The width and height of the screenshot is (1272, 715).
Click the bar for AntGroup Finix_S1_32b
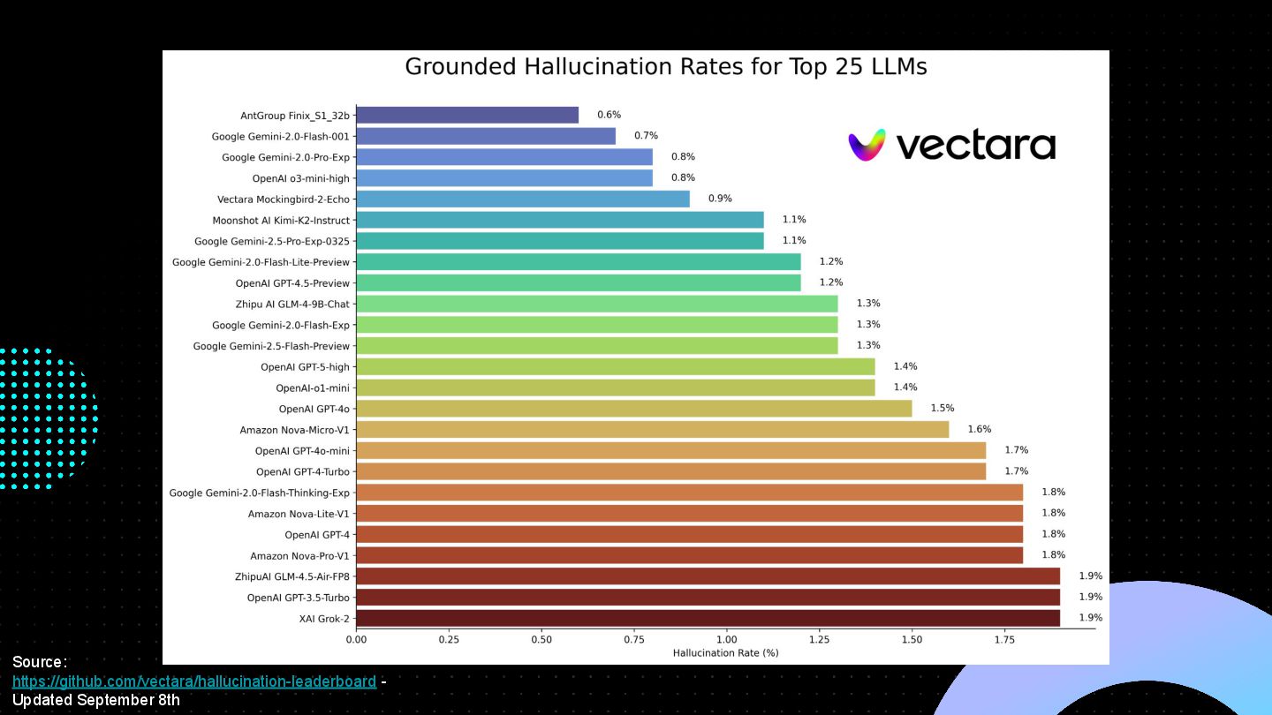(467, 115)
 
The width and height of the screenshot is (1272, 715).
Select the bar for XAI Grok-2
(708, 618)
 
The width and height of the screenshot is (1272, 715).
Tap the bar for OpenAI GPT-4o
(633, 409)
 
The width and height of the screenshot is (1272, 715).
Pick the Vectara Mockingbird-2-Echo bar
(523, 199)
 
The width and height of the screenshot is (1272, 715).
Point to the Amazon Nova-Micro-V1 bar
(652, 430)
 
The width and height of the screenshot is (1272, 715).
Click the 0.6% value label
(609, 115)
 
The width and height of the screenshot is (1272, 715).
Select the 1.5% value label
(942, 409)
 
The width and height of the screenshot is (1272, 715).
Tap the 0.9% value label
(720, 199)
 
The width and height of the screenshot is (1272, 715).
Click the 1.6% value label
(979, 430)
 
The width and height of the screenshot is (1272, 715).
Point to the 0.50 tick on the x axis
(541, 639)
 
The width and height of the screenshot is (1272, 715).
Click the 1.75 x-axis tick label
(1003, 639)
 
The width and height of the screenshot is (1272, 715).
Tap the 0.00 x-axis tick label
(356, 639)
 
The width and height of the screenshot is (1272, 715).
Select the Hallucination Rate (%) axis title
(725, 653)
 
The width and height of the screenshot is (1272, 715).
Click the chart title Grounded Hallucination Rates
(665, 67)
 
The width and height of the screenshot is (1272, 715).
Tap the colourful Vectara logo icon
(867, 146)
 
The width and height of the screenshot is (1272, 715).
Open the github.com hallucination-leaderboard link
(194, 681)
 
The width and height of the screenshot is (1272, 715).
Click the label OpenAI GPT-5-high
(305, 367)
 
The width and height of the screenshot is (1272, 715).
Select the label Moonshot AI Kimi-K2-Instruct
(281, 221)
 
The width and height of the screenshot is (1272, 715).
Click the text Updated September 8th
(96, 700)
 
